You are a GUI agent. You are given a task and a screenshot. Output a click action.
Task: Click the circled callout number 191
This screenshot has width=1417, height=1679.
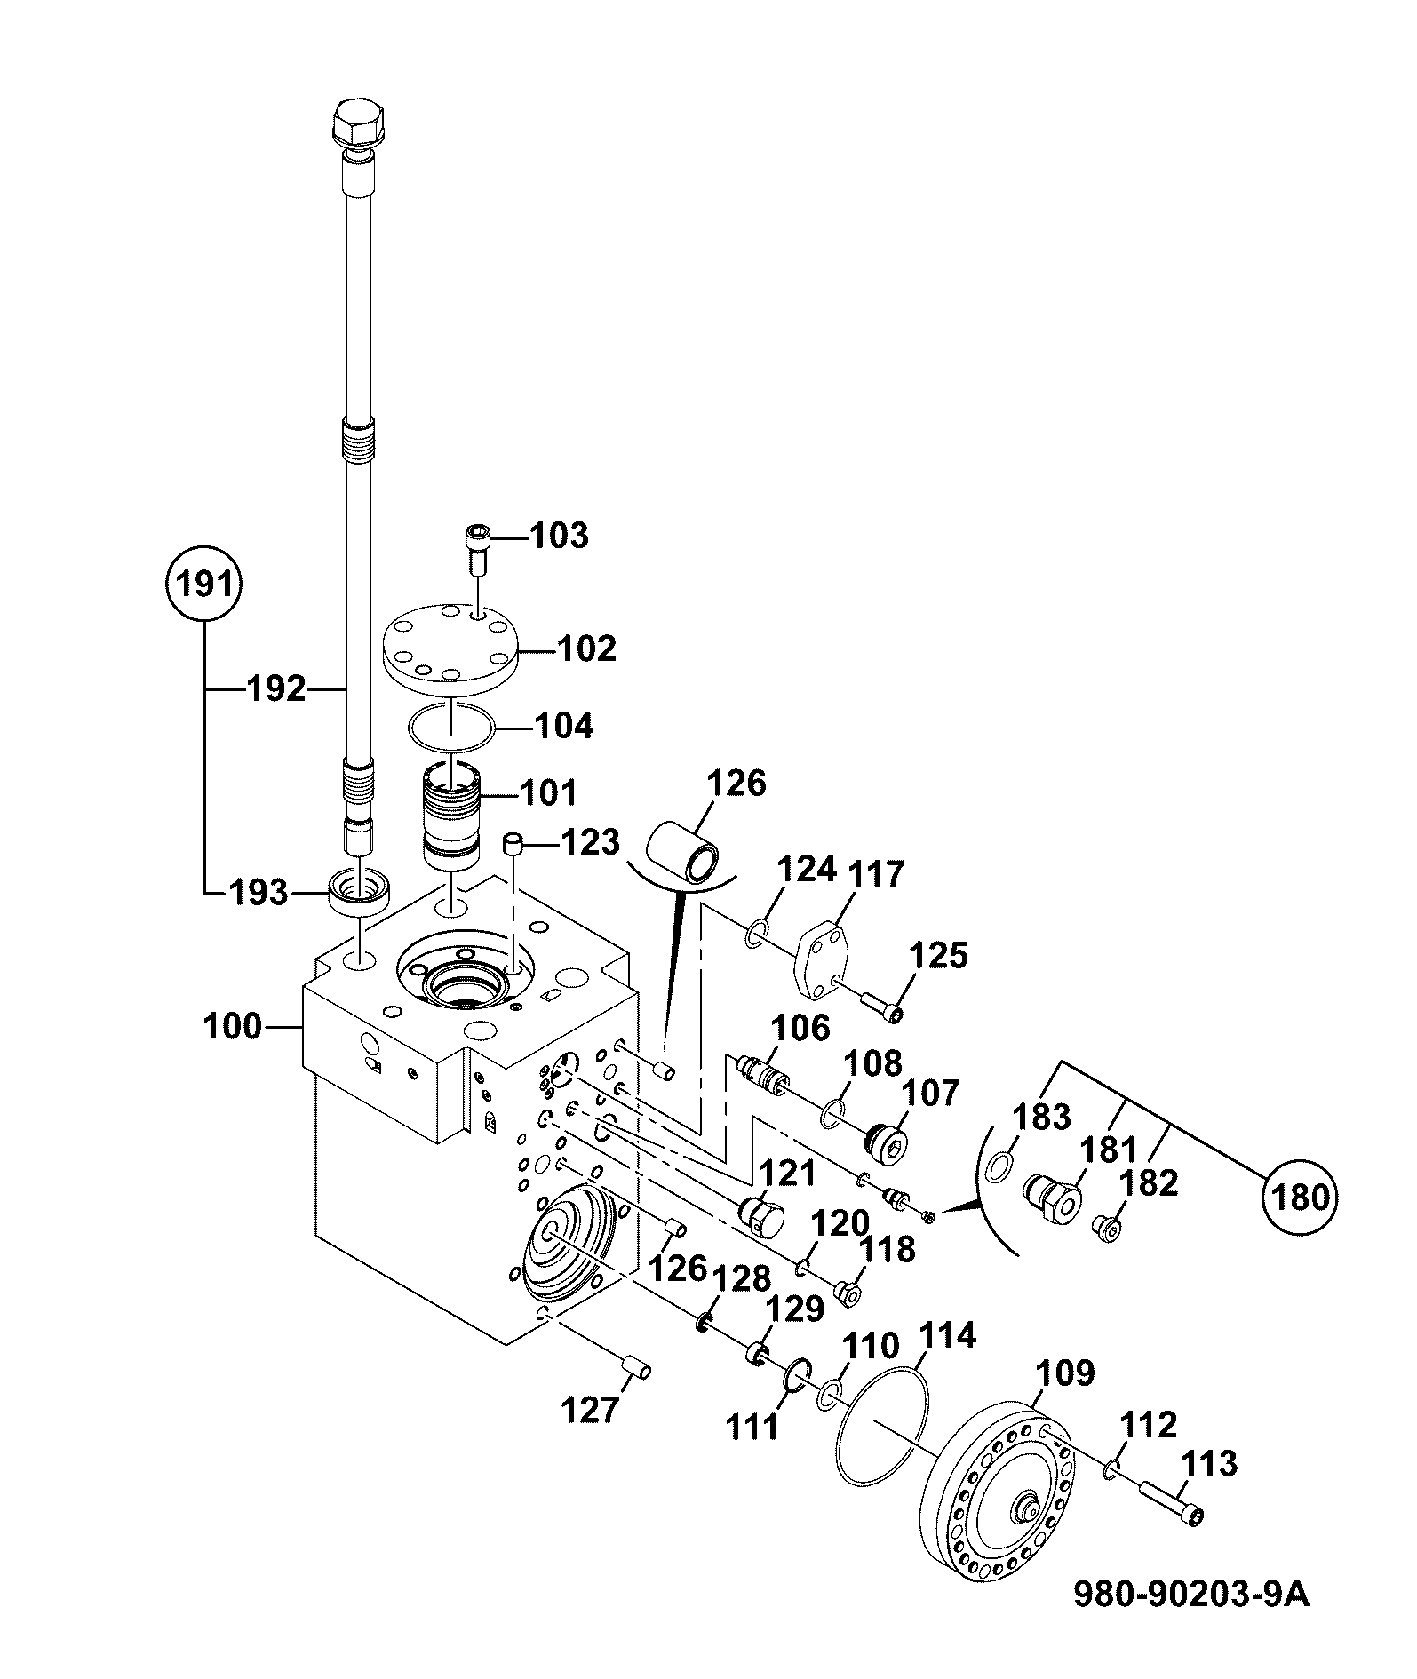click(205, 585)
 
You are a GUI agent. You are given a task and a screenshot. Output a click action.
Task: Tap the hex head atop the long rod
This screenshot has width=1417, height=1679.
click(359, 123)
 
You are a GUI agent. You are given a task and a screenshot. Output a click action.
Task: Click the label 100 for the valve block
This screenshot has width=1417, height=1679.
click(233, 1027)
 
